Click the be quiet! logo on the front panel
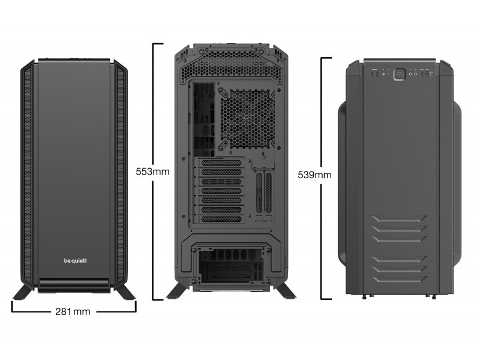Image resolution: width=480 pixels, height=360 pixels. [x=76, y=260]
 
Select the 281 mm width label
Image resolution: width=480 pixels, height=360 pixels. [x=73, y=311]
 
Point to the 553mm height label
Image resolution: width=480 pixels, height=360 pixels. [x=152, y=172]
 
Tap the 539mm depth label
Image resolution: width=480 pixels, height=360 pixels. [x=314, y=175]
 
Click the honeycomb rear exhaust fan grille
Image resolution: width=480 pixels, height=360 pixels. [x=248, y=118]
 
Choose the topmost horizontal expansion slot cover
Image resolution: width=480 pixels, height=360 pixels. [x=221, y=163]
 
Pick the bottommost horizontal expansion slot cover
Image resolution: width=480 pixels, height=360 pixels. [x=221, y=219]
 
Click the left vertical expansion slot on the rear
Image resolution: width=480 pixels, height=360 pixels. [x=259, y=193]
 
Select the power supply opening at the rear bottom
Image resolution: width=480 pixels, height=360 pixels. [x=232, y=265]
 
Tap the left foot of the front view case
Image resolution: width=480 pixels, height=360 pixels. [x=22, y=292]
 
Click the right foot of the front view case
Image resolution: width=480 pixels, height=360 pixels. [x=125, y=292]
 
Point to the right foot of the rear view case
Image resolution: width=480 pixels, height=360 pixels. [x=286, y=291]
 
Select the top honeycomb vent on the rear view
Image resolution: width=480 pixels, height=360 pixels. [x=231, y=67]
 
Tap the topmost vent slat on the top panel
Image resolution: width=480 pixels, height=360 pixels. [x=400, y=218]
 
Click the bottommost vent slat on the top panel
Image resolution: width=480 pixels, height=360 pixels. [x=400, y=279]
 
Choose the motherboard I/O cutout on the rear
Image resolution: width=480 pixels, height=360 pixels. [x=203, y=119]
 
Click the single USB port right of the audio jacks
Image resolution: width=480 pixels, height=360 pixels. [x=422, y=74]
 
